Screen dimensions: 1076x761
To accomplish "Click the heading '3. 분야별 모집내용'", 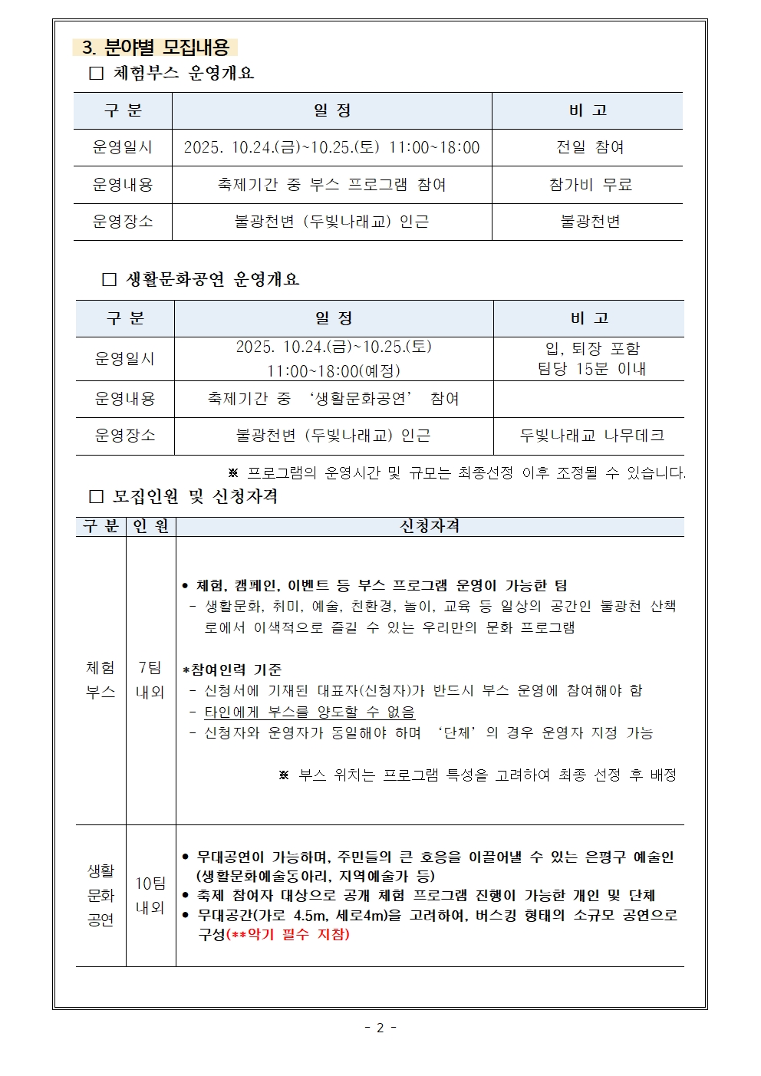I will pyautogui.click(x=156, y=48).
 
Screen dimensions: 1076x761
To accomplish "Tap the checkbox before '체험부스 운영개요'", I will pyautogui.click(x=96, y=74).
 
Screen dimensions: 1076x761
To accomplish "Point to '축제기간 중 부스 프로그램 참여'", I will pyautogui.click(x=331, y=185).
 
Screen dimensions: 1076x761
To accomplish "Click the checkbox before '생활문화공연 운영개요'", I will pyautogui.click(x=109, y=280).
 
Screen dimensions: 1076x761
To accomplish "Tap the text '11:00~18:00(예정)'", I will pyautogui.click(x=334, y=371).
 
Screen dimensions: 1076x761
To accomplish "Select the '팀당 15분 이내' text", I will pyautogui.click(x=591, y=369).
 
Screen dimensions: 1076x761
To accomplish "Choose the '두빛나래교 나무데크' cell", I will pyautogui.click(x=591, y=436).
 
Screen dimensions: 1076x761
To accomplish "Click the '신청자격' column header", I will pyautogui.click(x=430, y=526).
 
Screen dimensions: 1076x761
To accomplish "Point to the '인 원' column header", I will pyautogui.click(x=150, y=526).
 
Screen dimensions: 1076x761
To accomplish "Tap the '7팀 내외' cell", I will pyautogui.click(x=150, y=679).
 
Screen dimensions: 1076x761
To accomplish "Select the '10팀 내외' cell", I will pyautogui.click(x=150, y=895).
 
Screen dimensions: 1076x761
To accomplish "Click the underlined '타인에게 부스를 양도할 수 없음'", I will pyautogui.click(x=309, y=712).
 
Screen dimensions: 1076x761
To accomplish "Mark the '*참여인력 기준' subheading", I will pyautogui.click(x=232, y=670).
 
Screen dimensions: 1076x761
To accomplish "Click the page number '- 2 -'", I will pyautogui.click(x=380, y=1028).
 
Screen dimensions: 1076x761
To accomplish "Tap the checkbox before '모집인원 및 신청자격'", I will pyautogui.click(x=96, y=497).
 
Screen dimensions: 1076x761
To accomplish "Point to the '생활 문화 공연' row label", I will pyautogui.click(x=100, y=895).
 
